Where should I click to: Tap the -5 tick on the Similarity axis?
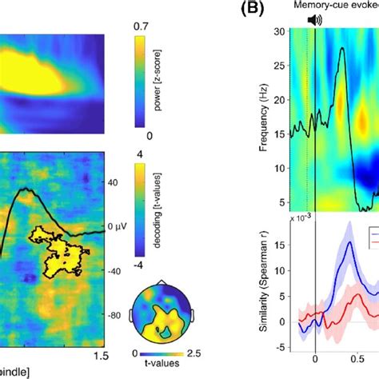click(281, 349)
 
